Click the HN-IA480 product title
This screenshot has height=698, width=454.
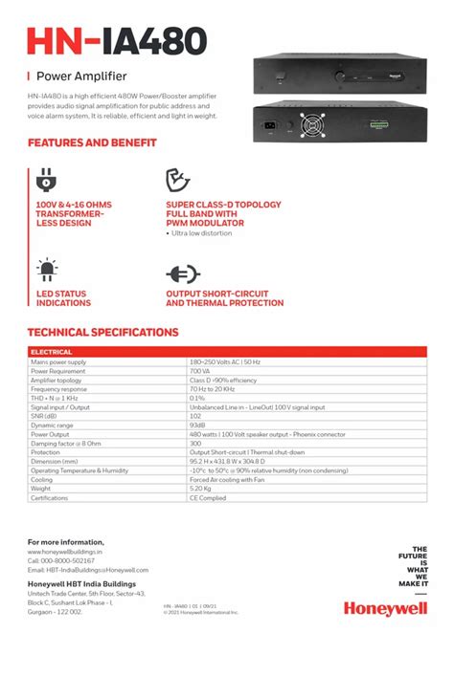[x=117, y=41]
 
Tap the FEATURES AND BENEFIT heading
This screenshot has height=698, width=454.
[x=92, y=142]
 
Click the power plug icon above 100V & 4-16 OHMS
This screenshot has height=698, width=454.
[x=46, y=181]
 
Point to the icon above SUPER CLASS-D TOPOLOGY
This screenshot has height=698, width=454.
[x=178, y=180]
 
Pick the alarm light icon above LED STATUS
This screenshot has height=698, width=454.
[x=46, y=269]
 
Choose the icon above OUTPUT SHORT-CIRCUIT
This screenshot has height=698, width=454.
[x=183, y=273]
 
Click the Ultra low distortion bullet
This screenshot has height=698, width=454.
[x=204, y=232]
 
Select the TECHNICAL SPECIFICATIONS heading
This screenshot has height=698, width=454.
[x=102, y=333]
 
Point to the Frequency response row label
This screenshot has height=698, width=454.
[x=59, y=389]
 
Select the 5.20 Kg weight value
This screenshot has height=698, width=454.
[x=201, y=489]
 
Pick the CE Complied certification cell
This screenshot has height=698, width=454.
[x=208, y=498]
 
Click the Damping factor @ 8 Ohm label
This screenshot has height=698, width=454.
[x=66, y=444]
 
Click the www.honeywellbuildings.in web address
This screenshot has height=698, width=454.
[x=65, y=552]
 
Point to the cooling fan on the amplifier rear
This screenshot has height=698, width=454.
[x=314, y=123]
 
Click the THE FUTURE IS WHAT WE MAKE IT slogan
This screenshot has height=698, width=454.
[x=413, y=565]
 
